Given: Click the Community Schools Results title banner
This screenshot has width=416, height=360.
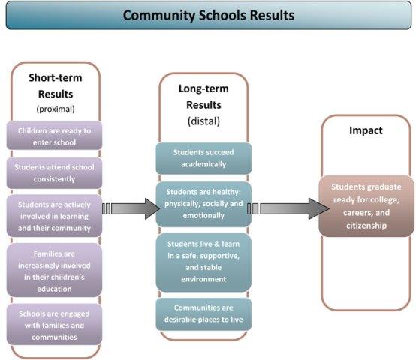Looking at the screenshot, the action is pos(209,15).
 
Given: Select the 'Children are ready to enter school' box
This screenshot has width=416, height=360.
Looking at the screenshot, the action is pos(54,136).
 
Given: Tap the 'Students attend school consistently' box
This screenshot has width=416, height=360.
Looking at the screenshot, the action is pos(54,173).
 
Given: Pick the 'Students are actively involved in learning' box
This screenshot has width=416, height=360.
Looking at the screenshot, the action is pos(54,216).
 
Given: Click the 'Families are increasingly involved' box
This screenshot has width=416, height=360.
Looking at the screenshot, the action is pos(54,270).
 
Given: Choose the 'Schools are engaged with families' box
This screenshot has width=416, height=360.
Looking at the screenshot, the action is pos(54,324).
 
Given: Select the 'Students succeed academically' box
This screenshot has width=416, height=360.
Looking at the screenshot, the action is pos(203,158).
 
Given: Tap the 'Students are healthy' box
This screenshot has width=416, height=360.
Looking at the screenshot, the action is pos(203,204).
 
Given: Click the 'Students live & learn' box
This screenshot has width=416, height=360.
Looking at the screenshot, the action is pos(203,262).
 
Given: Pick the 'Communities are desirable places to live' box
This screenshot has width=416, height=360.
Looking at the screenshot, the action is pos(203,314).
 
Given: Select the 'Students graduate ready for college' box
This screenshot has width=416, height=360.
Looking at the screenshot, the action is pos(366,206).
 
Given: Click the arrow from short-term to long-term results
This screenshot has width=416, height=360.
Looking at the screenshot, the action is pos(131,208).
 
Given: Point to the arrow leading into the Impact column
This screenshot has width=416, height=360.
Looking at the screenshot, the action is pos(288,208).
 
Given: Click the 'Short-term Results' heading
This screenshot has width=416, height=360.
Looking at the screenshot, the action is pos(56,85).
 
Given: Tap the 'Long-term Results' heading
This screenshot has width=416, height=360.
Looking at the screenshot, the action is pos(203,97).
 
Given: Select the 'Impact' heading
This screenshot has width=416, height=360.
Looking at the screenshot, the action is pos(366,130).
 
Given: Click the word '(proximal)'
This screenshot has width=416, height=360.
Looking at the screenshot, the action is pos(56,109).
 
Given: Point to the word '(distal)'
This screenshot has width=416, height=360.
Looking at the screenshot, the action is pos(203,121).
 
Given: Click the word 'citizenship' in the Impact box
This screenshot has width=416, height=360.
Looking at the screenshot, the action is pos(366,226).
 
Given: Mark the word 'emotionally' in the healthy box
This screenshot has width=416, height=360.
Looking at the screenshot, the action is pos(203,216).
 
